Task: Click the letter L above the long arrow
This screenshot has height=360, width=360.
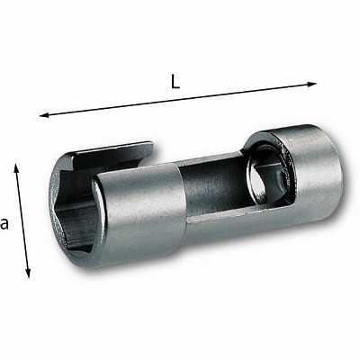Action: tap(175, 81)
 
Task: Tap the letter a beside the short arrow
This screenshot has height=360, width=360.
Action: tap(4, 224)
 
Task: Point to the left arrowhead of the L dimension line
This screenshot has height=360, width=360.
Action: tap(44, 115)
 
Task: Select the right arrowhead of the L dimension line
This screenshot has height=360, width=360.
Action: tap(311, 85)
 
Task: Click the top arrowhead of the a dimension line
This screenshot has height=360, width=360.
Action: tap(16, 168)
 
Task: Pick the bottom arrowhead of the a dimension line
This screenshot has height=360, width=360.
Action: tap(28, 273)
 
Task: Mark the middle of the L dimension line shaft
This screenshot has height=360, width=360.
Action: tap(178, 100)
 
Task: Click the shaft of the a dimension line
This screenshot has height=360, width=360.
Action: tap(22, 220)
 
